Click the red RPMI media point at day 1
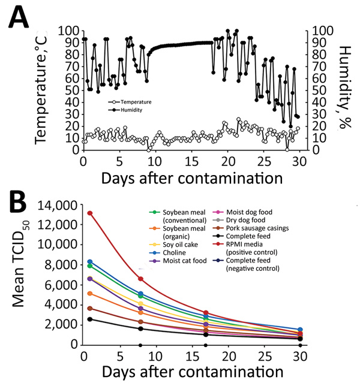[x=90, y=213]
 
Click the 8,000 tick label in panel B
[x=59, y=265]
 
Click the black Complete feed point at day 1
[x=90, y=319]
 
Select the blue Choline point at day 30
[x=300, y=330]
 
